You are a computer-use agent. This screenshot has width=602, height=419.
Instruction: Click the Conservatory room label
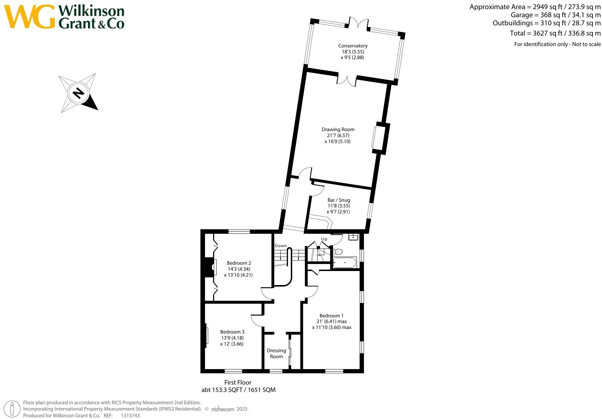point(353,46)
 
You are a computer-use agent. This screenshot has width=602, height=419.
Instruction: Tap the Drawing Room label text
point(338,129)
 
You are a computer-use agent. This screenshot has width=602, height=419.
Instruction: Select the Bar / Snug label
point(339,200)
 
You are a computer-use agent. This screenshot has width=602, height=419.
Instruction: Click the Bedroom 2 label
point(239,263)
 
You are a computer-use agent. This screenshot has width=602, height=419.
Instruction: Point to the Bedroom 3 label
point(232,332)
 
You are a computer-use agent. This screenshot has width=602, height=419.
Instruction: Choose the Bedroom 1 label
point(331,316)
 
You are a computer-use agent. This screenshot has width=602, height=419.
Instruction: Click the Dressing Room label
point(276,353)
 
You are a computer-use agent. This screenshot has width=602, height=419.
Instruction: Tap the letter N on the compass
point(78,93)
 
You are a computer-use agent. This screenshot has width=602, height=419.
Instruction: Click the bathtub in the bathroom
point(345,262)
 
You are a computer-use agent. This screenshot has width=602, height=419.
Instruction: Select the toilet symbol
point(338,252)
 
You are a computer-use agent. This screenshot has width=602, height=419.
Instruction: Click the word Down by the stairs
point(281,246)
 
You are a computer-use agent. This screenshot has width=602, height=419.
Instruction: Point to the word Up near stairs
point(324,239)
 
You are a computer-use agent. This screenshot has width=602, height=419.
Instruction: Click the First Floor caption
point(238,382)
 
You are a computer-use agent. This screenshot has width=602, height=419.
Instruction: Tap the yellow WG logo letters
point(30,17)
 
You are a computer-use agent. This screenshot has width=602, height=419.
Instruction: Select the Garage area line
point(556,15)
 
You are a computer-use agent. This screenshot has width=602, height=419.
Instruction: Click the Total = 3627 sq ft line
point(555,33)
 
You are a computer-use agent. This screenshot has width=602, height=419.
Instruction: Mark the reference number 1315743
point(130,415)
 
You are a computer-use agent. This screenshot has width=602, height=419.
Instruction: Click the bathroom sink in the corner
point(353,237)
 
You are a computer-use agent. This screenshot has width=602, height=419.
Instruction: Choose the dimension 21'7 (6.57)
point(338,135)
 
